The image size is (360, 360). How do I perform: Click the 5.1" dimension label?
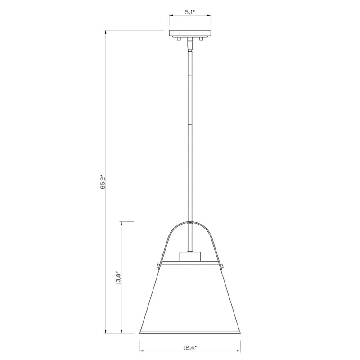190,12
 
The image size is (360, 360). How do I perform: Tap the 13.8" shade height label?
118,278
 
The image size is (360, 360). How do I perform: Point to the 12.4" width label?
190,347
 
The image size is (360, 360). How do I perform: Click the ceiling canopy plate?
190,33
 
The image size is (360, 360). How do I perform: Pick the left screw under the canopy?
178,39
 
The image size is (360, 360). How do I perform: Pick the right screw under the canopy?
202,39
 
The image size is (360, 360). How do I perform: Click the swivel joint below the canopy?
190,44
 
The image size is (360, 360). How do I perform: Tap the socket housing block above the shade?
190,256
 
